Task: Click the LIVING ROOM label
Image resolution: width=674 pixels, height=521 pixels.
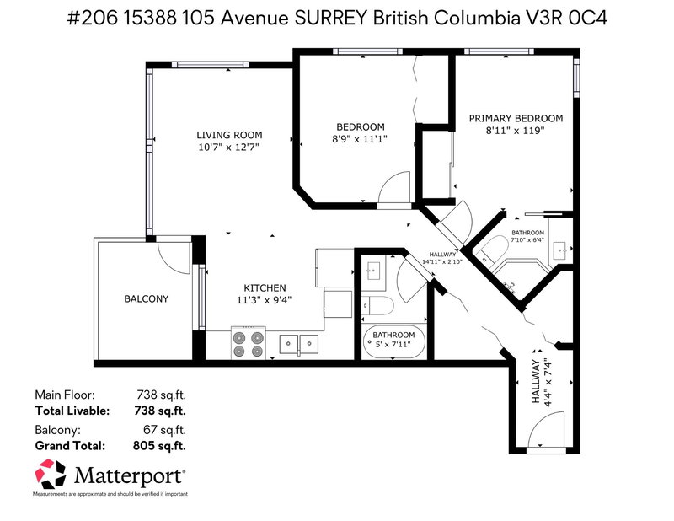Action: pos(229,135)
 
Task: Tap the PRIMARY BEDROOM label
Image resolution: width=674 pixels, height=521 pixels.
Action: pos(516,119)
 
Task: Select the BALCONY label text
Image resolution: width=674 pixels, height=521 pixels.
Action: pos(147,299)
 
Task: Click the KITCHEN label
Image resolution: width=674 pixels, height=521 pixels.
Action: pos(265,287)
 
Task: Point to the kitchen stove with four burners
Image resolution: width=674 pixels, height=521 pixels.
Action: pos(249,343)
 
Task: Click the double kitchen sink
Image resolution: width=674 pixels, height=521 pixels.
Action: pos(299,343)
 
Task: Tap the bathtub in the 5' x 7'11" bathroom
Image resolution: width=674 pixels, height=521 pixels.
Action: pos(395,342)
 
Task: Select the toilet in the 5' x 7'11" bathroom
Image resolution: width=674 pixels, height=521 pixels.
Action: pos(376,303)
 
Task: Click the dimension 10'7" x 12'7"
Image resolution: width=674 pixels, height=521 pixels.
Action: pos(229,148)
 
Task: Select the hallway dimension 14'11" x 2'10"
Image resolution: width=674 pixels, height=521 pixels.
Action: pos(442,262)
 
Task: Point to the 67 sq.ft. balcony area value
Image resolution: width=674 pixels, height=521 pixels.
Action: pos(163,431)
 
